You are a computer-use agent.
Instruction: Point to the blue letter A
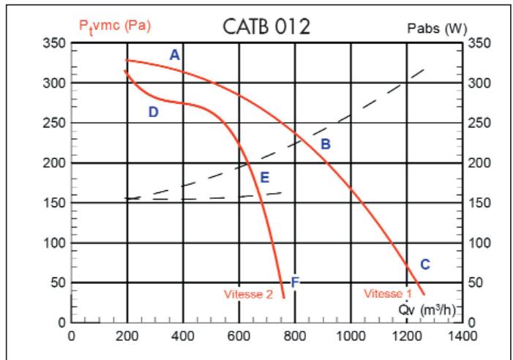coord(174,55)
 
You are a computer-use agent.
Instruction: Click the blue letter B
coord(326,144)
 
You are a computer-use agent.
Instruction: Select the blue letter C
coord(424,264)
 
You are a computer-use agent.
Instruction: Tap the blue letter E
coord(264,176)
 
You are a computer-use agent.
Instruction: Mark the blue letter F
coord(295,282)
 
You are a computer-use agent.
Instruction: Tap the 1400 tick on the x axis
coord(463,337)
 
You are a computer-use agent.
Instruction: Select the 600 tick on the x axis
coord(239,337)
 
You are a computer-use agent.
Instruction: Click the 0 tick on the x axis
coord(71,337)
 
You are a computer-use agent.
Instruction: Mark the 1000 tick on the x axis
coord(351,337)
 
